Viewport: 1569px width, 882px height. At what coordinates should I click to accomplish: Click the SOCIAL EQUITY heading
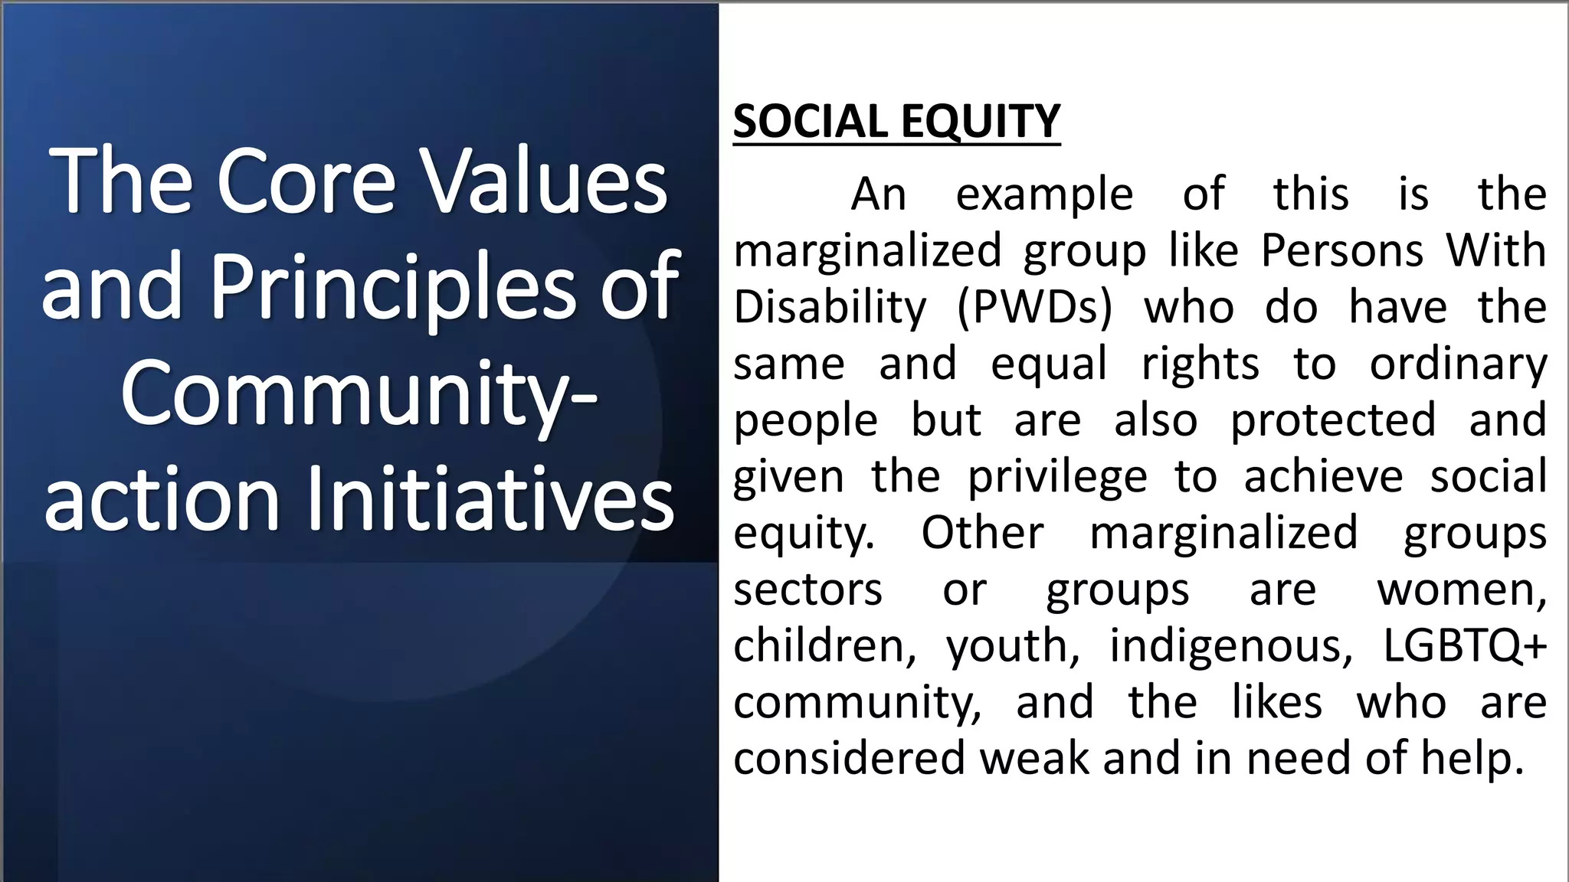click(896, 121)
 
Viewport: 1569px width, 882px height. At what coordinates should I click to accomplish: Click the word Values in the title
click(548, 182)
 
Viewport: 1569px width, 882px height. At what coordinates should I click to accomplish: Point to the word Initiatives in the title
click(490, 500)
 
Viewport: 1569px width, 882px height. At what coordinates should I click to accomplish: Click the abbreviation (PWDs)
click(1034, 307)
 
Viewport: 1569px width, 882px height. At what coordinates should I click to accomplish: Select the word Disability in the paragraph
click(830, 307)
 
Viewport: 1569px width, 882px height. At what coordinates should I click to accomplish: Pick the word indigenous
click(1231, 645)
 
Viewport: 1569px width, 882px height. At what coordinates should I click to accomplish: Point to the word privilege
click(1057, 476)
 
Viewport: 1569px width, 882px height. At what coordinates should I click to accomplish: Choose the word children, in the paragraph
click(824, 645)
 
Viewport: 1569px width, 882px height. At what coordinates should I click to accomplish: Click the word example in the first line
click(1044, 194)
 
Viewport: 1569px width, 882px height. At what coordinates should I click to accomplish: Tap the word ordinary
click(1458, 364)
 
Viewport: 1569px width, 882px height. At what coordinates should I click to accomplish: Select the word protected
click(1333, 420)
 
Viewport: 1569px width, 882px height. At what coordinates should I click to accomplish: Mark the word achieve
click(1323, 476)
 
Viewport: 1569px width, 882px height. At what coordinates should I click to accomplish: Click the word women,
click(1462, 590)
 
